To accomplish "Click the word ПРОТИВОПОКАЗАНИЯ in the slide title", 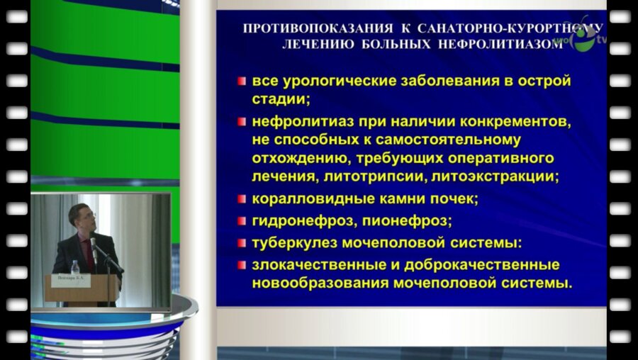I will (318, 29).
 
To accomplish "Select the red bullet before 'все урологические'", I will (242, 81).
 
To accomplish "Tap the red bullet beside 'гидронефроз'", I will (242, 220).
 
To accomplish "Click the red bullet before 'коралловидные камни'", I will (242, 199).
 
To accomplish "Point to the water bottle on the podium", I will (75, 266).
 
